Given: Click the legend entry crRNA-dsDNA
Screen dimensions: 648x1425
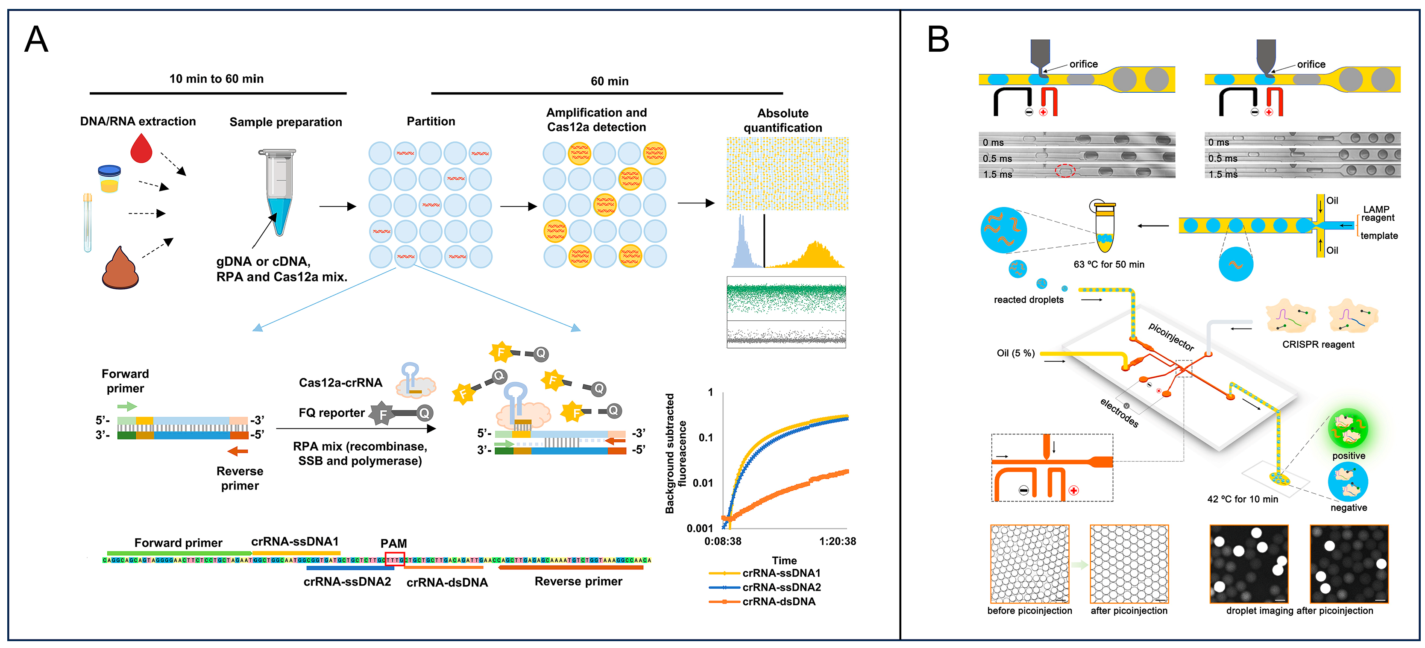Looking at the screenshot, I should point(778,601).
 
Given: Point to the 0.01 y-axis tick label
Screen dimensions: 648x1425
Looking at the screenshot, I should point(703,483).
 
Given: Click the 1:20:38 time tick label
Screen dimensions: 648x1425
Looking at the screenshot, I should point(838,541).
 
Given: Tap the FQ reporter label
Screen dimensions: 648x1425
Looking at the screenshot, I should point(331,413).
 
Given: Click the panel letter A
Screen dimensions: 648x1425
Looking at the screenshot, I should point(36,40).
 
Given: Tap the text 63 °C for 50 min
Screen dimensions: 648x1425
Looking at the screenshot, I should point(1108,264).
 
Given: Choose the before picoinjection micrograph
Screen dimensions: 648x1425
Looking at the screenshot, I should point(1029,564).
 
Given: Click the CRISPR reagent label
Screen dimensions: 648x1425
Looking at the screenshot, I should point(1318,344).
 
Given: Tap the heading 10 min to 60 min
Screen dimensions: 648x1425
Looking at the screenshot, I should point(216,79).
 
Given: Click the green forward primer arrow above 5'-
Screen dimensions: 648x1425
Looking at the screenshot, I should point(127,407).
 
